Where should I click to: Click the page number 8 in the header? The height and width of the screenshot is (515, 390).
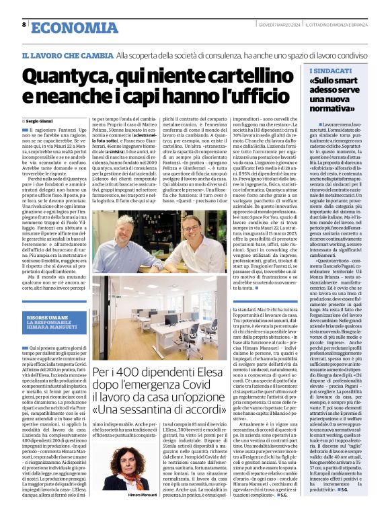point(24,25)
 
